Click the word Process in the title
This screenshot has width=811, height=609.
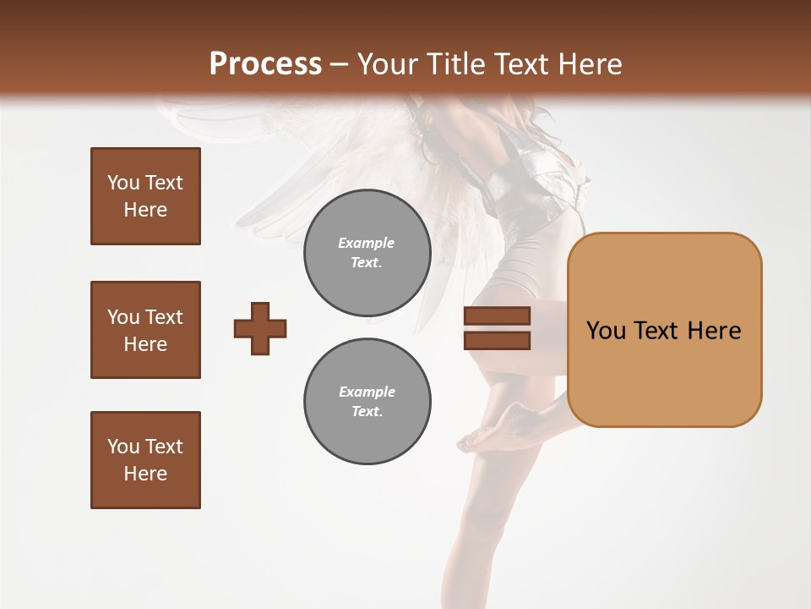tap(265, 63)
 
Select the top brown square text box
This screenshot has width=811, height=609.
tap(145, 196)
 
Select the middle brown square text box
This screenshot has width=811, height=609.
tap(145, 330)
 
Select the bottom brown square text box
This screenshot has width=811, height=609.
tap(145, 460)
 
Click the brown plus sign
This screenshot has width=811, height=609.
tap(260, 328)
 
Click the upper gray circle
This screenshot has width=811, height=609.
tap(367, 252)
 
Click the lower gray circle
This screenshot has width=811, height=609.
tap(367, 402)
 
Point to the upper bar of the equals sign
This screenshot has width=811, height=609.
tap(497, 315)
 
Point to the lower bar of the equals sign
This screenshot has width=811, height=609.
tap(497, 341)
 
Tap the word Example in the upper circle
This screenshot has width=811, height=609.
tap(367, 243)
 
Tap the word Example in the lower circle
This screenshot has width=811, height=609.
tap(367, 392)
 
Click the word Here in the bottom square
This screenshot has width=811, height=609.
tap(145, 474)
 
